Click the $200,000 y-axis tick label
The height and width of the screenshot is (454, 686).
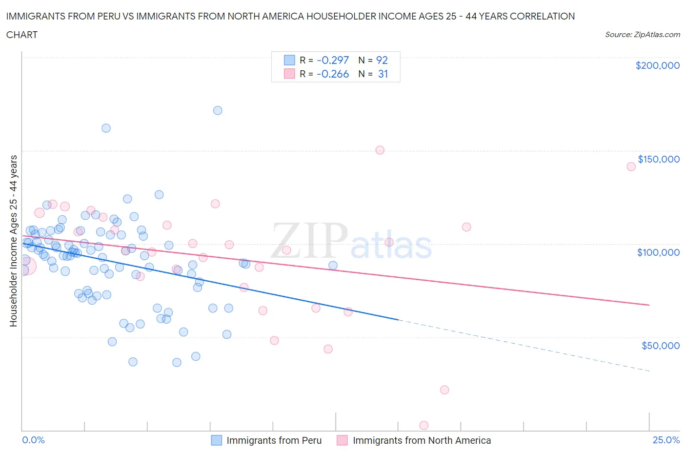pos(657,65)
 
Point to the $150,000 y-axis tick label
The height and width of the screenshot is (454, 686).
pos(658,159)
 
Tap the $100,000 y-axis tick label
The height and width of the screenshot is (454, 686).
pos(658,252)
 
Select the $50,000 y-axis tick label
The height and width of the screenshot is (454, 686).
pos(660,346)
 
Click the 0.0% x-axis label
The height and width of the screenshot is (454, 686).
pos(33,440)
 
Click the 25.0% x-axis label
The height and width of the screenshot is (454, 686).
pos(666,440)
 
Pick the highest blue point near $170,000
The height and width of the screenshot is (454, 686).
pos(218,110)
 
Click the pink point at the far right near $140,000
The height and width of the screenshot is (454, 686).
pos(631,166)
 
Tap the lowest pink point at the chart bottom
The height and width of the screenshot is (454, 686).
pos(424,425)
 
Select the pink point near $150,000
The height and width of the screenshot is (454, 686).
pos(380,150)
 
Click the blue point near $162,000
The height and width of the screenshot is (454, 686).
pos(106,128)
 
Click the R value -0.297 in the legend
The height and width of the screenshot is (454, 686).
pos(333,60)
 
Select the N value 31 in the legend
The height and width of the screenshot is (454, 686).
pos(383,74)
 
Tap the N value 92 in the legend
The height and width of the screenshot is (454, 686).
pos(382,60)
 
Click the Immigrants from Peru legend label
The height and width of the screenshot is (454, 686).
pos(274,440)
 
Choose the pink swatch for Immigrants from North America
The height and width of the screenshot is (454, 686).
pos(342,440)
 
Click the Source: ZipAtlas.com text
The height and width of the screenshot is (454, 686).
pos(642,35)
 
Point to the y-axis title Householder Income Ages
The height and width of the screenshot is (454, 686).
pos(14,241)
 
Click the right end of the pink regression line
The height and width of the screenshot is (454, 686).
pos(649,305)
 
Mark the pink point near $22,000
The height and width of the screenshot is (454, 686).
pos(444,390)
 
